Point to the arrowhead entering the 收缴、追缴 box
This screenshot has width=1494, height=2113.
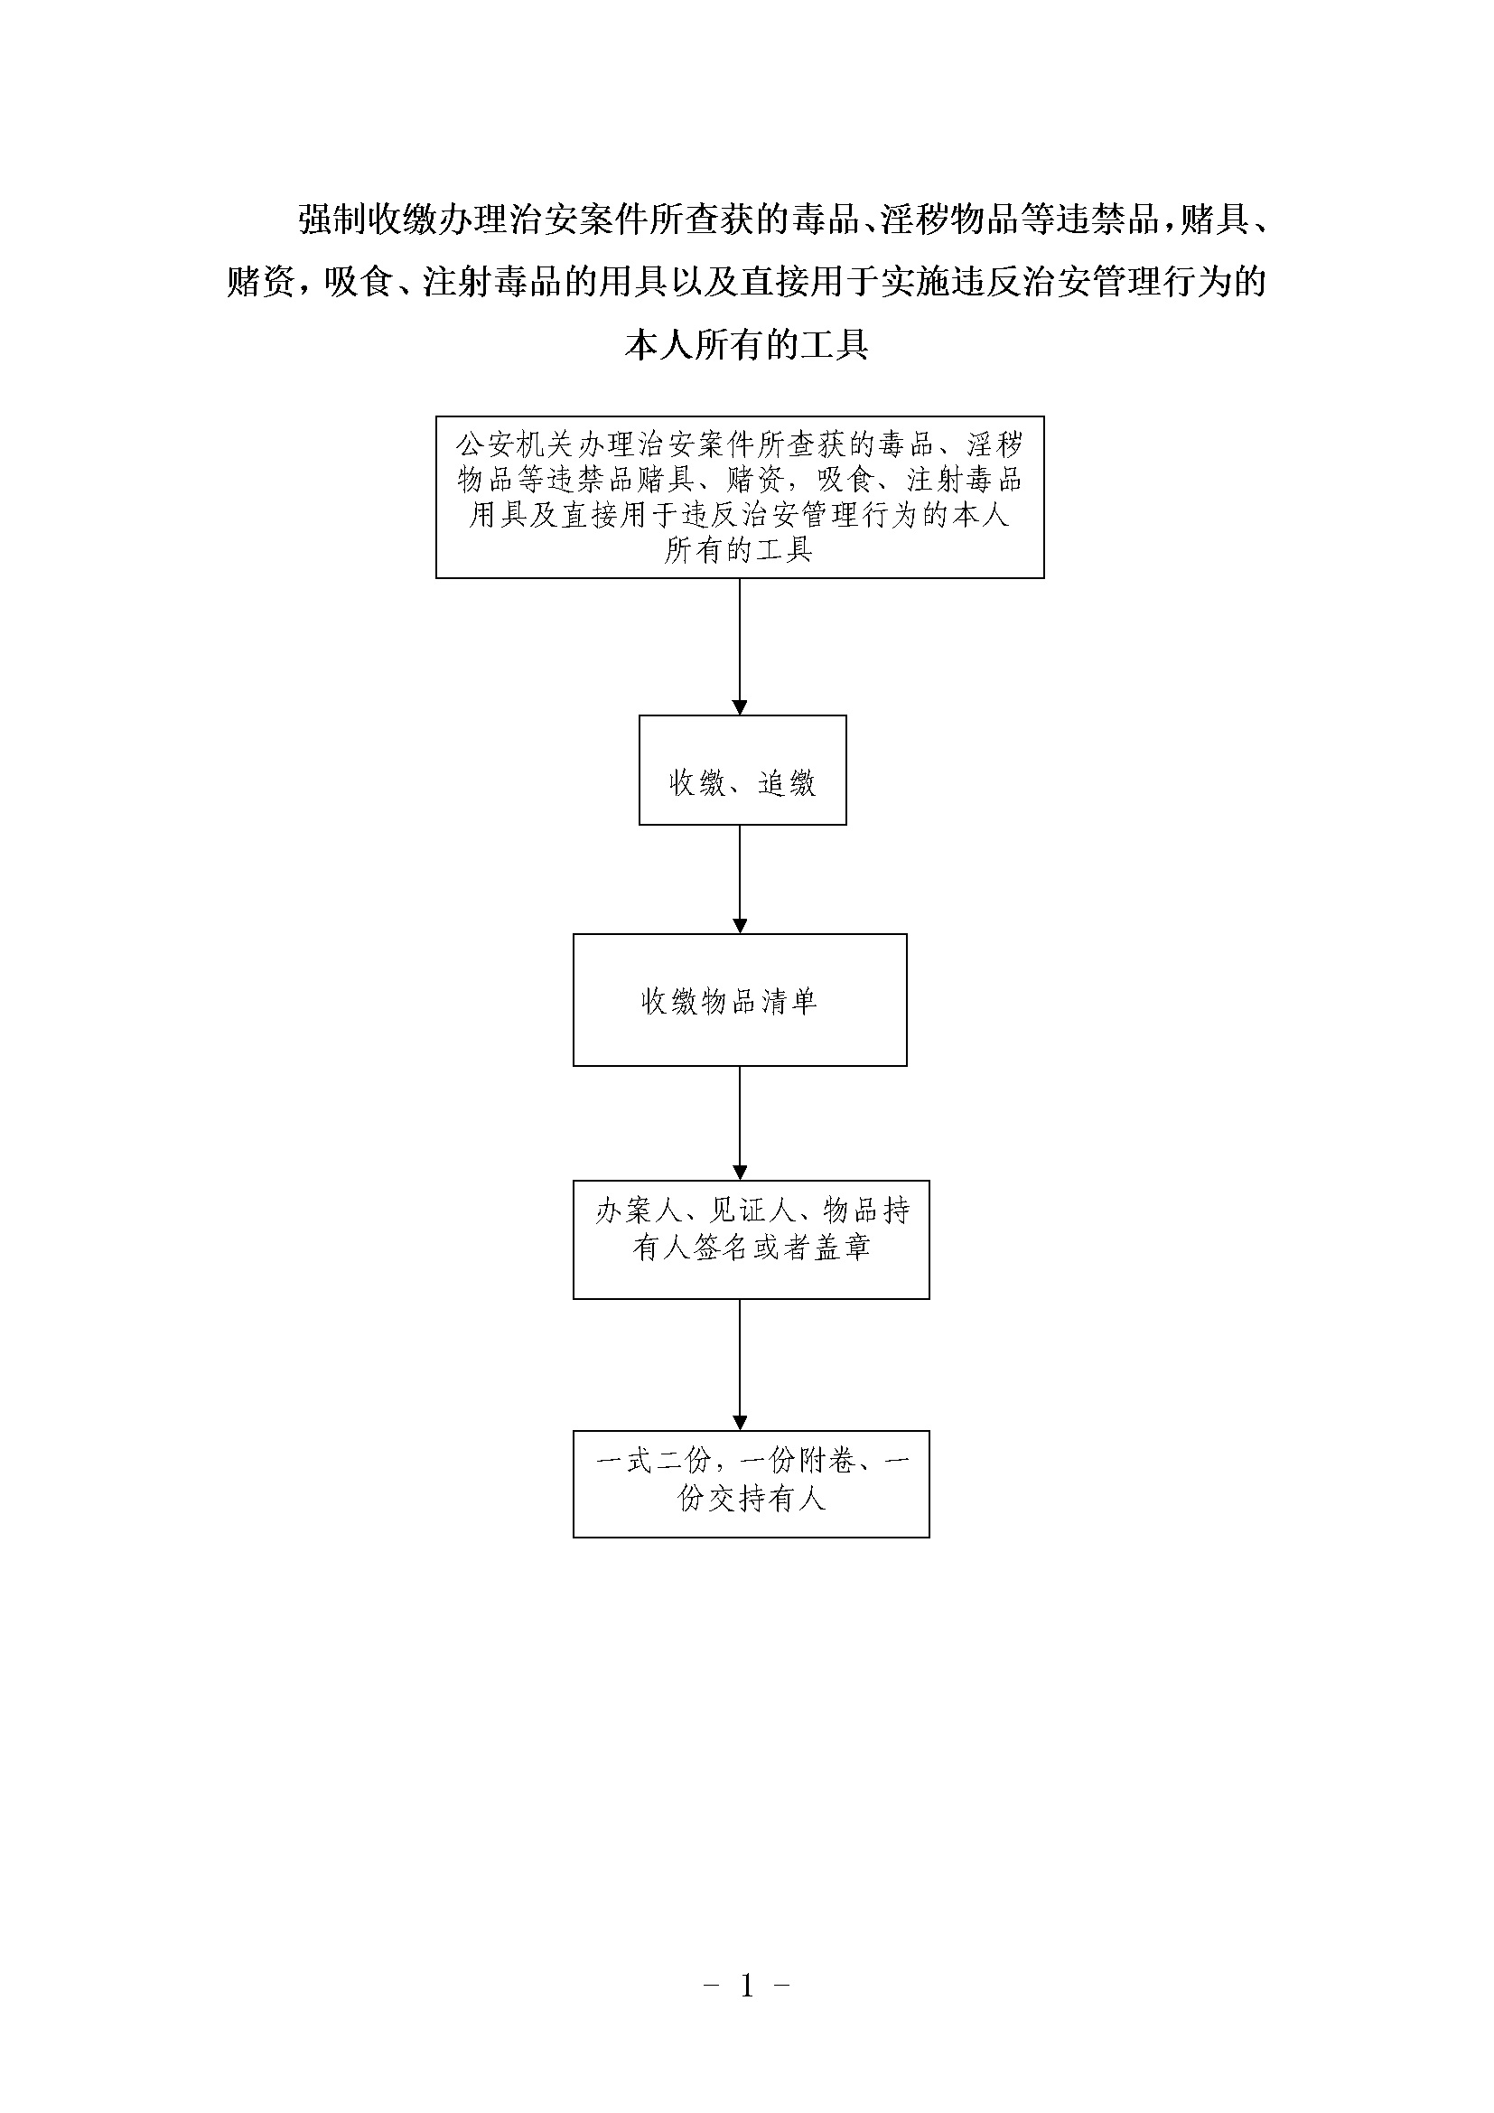pyautogui.click(x=740, y=707)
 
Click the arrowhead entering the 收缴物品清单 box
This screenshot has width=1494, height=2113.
pyautogui.click(x=740, y=927)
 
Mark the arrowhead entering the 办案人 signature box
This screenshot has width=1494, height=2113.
pyautogui.click(x=740, y=1173)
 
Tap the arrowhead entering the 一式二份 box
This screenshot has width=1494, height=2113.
pyautogui.click(x=740, y=1423)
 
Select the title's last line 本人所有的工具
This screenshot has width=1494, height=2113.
pyautogui.click(x=747, y=345)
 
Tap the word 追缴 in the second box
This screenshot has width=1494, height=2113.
pyautogui.click(x=787, y=783)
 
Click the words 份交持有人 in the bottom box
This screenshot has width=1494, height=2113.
pyautogui.click(x=752, y=1500)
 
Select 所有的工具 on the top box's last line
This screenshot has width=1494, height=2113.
pyautogui.click(x=739, y=550)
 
